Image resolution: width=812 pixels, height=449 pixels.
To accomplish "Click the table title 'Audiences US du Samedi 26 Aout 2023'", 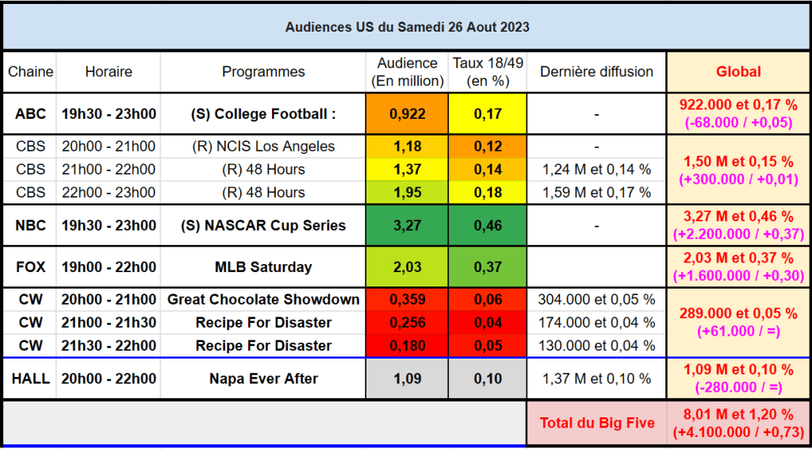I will [407, 27].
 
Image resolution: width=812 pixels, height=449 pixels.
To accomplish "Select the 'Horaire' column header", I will [109, 71].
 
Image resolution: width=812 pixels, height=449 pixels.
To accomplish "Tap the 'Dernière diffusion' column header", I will [596, 71].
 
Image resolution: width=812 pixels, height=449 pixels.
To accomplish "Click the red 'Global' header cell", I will [738, 71].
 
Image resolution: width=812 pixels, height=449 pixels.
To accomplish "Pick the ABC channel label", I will [30, 114].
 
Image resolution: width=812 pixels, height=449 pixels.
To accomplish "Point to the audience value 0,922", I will [408, 114].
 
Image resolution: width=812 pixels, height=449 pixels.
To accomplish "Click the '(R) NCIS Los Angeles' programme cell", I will [263, 147].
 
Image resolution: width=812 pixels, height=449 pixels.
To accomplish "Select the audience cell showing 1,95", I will [408, 192].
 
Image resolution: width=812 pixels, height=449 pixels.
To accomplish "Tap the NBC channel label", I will [30, 225].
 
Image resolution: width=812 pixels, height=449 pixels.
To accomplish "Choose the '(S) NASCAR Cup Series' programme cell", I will [263, 225].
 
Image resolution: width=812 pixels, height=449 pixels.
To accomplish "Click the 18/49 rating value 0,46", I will [488, 225].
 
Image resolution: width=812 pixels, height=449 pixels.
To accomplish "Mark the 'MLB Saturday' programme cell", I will [263, 267].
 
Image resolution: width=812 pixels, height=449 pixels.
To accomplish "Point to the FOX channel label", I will [30, 267].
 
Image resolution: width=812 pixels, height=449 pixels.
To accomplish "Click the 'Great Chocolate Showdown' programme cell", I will [263, 300].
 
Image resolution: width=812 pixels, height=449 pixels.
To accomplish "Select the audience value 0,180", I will [408, 346].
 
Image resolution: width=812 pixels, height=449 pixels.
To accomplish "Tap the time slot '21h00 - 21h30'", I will [109, 323].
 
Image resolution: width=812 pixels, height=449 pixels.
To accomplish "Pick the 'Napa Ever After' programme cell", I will [263, 379].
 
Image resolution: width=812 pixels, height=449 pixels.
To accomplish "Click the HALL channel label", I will [30, 379].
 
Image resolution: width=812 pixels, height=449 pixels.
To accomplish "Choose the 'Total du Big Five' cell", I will [597, 423].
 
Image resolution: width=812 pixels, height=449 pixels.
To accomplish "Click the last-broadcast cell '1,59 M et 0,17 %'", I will [596, 192].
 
